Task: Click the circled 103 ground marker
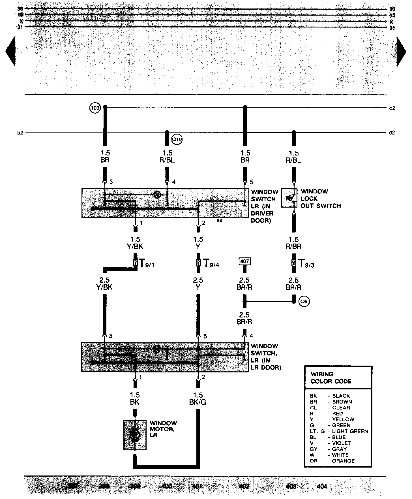tap(95, 108)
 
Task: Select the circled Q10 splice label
tap(177, 139)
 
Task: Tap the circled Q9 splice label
tap(304, 302)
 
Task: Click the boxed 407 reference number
tap(244, 261)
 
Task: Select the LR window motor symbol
tap(135, 435)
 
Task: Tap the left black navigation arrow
tap(10, 52)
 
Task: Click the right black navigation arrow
tap(401, 52)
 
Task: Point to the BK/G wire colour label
tap(198, 402)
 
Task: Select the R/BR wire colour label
tap(293, 246)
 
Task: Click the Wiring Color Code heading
tap(331, 378)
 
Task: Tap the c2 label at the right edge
tap(392, 108)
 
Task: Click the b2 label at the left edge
tap(20, 133)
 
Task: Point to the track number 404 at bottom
tap(322, 487)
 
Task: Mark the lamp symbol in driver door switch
tap(157, 195)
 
